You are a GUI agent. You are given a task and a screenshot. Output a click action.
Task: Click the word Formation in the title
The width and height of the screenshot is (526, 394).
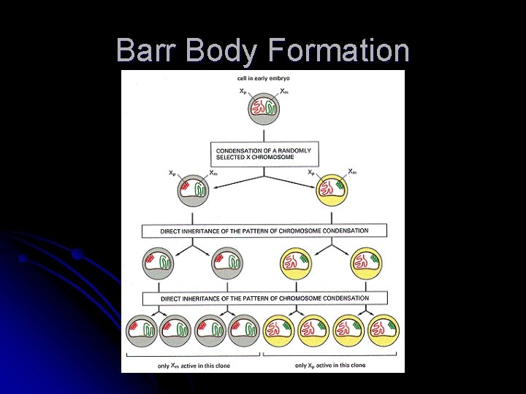(x=338, y=51)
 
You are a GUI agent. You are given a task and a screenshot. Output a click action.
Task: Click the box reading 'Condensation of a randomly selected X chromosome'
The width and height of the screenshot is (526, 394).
(x=264, y=154)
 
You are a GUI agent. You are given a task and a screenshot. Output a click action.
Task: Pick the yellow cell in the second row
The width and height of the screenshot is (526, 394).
(x=332, y=190)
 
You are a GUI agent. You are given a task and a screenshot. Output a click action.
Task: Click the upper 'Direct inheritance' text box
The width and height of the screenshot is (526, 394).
(x=264, y=231)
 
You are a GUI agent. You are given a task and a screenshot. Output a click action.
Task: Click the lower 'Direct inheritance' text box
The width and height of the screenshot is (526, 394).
(x=264, y=298)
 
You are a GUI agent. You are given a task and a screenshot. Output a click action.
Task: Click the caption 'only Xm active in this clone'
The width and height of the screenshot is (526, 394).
(x=194, y=366)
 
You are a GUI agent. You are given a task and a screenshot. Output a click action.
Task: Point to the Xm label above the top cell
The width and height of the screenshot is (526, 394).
(x=283, y=91)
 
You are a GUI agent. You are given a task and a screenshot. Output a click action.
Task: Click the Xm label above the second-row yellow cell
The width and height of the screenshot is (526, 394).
(x=352, y=172)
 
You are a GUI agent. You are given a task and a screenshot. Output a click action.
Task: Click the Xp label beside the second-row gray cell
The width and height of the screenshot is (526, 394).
(x=172, y=174)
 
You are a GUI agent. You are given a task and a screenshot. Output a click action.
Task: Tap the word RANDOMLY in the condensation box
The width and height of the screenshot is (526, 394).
(x=295, y=150)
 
